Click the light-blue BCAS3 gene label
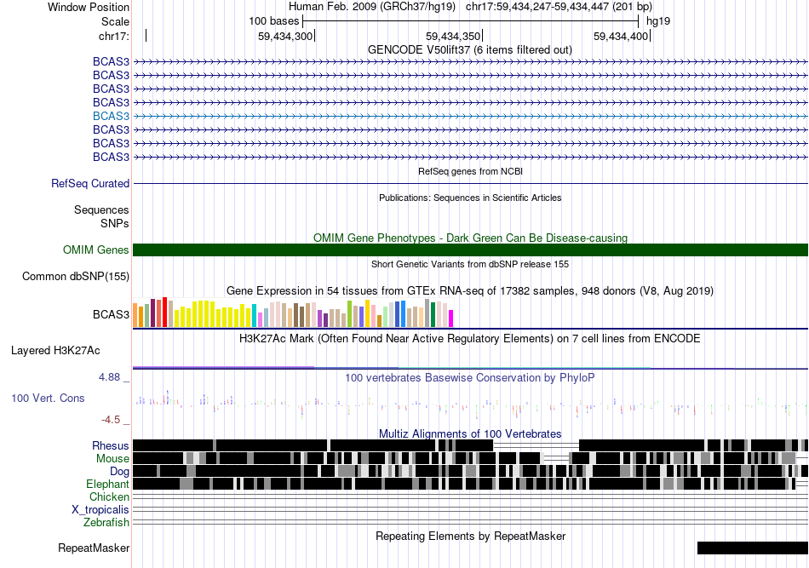111,116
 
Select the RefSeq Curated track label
90,184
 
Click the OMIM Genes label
96,250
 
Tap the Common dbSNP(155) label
76,277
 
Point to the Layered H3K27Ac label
55,351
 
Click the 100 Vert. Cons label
48,399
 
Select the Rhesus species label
111,445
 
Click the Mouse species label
112,459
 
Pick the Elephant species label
107,484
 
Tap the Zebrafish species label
106,523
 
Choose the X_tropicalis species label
100,510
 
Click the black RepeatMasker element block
753,548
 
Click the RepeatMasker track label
94,548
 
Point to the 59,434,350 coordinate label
453,36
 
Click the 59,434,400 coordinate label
621,36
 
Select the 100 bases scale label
274,21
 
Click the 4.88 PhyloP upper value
109,377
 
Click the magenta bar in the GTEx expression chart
451,318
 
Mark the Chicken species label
109,496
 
